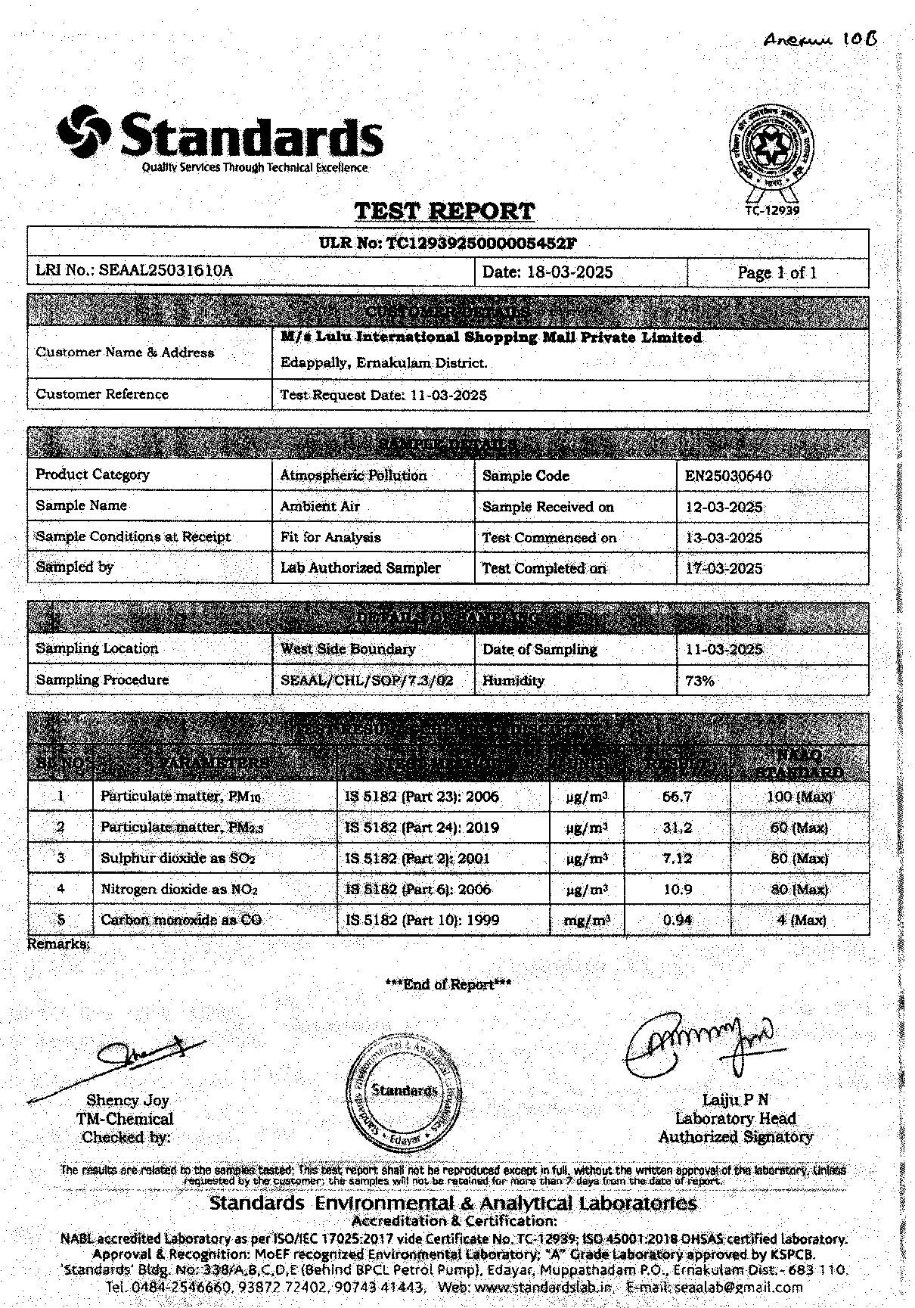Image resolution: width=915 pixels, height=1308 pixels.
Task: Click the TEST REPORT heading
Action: [x=445, y=210]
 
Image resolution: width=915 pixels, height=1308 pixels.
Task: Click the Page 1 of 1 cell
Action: [x=777, y=273]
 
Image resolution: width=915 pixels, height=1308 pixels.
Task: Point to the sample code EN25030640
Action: [x=728, y=477]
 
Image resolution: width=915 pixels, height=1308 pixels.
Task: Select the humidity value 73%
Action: [x=699, y=680]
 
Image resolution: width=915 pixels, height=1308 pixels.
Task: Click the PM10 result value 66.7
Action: [x=677, y=797]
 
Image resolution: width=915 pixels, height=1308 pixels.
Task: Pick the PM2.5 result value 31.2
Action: [x=677, y=828]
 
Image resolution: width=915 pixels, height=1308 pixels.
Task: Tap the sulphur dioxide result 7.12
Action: [x=677, y=859]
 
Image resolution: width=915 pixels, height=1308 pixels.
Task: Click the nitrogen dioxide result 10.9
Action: [x=677, y=890]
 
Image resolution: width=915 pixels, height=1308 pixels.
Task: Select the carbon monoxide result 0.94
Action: [x=677, y=921]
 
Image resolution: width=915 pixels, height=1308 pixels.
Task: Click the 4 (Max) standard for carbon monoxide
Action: [x=801, y=921]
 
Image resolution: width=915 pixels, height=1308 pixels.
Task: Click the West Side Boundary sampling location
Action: [x=348, y=649]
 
